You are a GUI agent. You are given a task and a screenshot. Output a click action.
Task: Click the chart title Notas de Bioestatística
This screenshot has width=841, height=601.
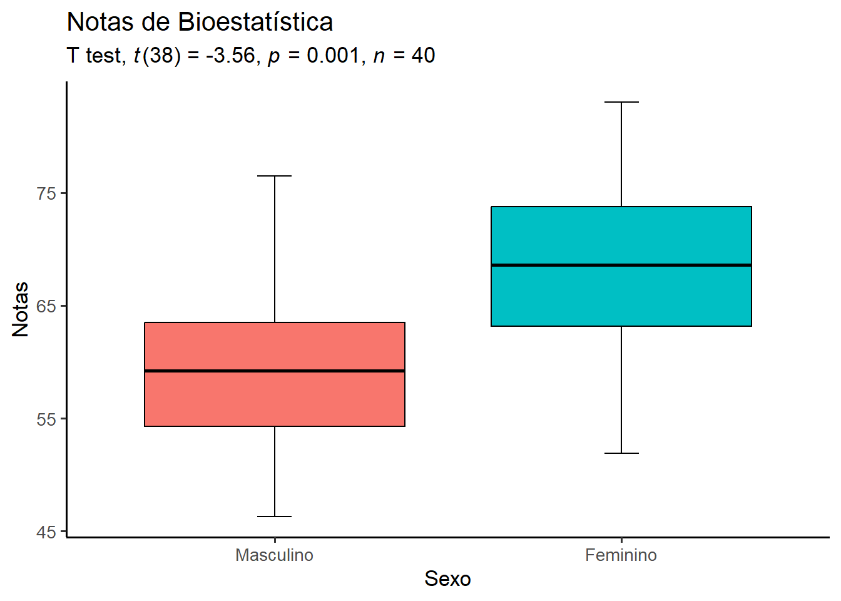200,23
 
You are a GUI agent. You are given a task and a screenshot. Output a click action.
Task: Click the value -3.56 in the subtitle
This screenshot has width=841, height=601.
230,56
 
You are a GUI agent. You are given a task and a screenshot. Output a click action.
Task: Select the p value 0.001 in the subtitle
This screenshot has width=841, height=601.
332,56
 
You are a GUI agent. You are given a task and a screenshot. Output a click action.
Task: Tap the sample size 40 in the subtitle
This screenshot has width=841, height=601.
423,56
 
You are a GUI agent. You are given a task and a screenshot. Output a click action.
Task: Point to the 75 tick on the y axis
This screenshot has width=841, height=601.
46,193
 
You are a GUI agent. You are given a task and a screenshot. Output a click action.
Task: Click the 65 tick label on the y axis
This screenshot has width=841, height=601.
46,306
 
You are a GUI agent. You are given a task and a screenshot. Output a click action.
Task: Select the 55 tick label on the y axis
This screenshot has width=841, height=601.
46,419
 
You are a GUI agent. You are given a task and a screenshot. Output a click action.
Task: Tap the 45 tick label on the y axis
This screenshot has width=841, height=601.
46,532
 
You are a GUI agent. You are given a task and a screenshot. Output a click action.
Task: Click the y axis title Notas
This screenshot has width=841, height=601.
21,309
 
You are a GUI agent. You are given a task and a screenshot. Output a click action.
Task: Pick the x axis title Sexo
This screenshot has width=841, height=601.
447,578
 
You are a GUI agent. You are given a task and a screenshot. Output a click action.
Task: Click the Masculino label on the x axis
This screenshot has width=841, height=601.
274,555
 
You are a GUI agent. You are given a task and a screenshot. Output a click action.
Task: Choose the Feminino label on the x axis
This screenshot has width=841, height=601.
621,555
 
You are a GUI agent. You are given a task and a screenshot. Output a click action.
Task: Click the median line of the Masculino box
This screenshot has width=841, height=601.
275,371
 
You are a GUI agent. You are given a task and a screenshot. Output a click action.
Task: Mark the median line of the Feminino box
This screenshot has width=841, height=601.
621,265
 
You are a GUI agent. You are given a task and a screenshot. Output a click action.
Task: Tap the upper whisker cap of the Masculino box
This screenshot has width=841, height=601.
275,176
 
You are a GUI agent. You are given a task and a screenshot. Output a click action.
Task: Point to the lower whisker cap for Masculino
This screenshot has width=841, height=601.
275,516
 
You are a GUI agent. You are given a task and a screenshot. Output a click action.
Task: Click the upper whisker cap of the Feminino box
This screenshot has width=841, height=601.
621,101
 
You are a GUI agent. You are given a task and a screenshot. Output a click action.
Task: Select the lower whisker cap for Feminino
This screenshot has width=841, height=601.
621,453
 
